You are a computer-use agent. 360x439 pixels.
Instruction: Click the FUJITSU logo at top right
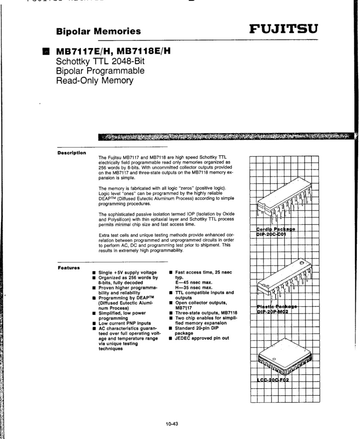(x=284, y=28)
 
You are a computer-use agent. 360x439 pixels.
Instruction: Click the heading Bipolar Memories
(x=98, y=31)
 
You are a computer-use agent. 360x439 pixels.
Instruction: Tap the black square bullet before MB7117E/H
(x=45, y=51)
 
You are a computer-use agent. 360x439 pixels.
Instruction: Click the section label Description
(x=72, y=152)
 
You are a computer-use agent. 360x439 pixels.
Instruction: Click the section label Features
(x=69, y=268)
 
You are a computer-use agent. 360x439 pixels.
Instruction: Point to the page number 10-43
(x=171, y=424)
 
